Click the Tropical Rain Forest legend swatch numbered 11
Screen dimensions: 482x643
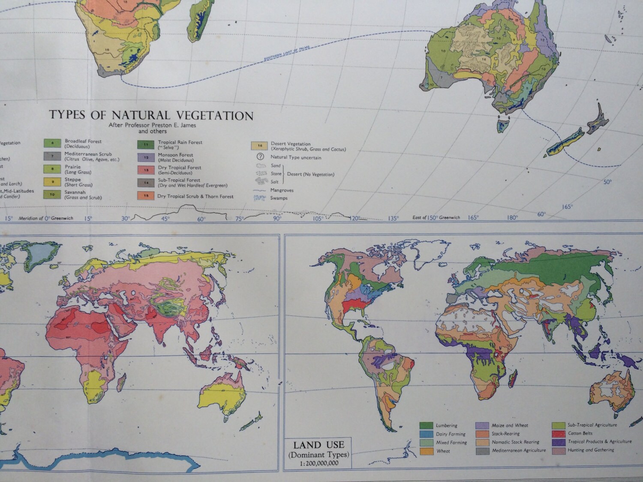click(x=145, y=145)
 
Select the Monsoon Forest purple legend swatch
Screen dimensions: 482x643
click(x=145, y=157)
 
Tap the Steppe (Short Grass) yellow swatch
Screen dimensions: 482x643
click(x=52, y=182)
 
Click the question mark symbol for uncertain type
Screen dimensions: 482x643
click(x=260, y=157)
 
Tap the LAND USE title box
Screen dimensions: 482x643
click(x=318, y=452)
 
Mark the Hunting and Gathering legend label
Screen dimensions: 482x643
click(x=591, y=450)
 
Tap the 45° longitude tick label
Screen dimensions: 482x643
click(x=165, y=219)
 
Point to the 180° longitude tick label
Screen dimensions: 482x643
click(x=512, y=218)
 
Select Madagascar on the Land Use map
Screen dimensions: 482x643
click(x=511, y=379)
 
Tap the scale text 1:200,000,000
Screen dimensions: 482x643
click(x=318, y=463)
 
